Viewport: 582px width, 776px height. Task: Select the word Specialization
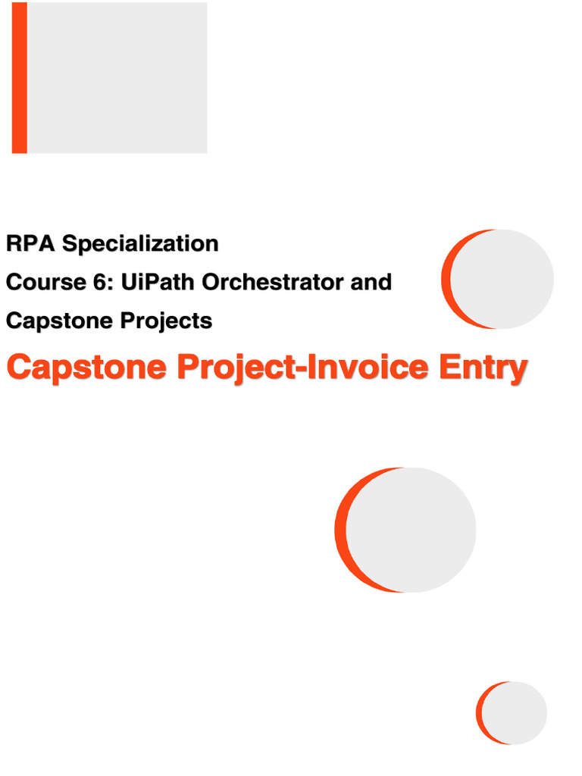coord(140,244)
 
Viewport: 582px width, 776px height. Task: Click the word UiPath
coord(152,283)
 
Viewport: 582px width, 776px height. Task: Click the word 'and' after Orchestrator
coord(370,283)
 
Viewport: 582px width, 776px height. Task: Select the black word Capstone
coord(52,321)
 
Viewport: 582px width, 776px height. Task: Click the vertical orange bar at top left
coord(20,77)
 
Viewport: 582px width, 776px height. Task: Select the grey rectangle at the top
coord(117,77)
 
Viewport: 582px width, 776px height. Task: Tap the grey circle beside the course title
coord(504,279)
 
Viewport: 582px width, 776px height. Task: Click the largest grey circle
coord(413,530)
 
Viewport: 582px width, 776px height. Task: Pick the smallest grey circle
coord(516,712)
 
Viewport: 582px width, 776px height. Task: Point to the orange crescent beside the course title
coord(446,279)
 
